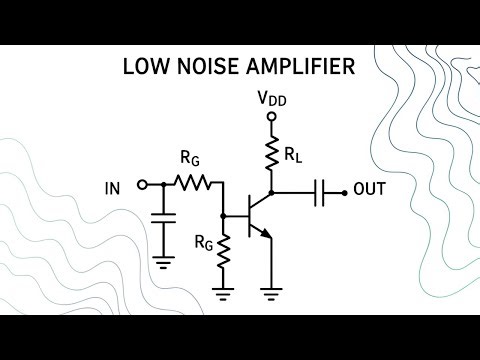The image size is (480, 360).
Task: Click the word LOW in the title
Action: [144, 68]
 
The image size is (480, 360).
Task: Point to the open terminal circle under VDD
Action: [270, 118]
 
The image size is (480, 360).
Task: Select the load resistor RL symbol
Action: [270, 154]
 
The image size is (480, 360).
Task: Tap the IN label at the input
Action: [113, 186]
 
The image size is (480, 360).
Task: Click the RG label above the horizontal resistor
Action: [189, 159]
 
